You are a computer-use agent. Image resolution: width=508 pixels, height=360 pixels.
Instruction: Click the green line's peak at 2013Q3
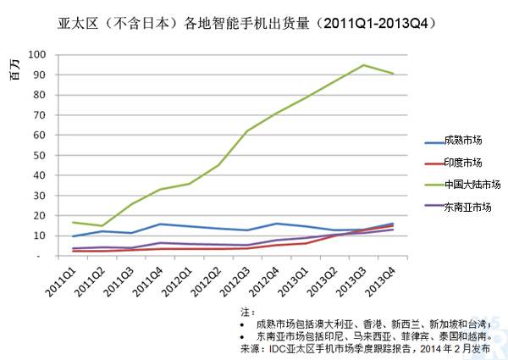point(363,65)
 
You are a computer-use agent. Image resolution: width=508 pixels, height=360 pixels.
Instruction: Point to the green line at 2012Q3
point(246,131)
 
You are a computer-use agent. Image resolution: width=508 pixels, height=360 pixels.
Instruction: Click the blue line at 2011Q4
point(159,224)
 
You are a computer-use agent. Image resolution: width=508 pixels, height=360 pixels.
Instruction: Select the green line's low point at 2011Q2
point(102,226)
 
